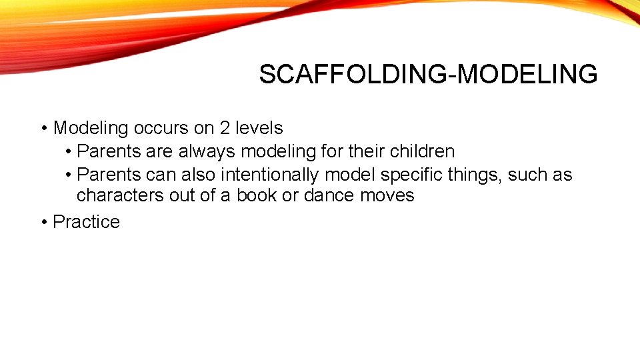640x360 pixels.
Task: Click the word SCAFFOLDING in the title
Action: [353, 75]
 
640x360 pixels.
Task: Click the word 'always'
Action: [207, 151]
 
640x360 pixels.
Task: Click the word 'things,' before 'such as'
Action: [476, 175]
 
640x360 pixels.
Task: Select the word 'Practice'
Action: [86, 222]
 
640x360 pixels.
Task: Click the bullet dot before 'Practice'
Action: [43, 222]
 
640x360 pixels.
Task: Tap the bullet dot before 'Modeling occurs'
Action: [43, 128]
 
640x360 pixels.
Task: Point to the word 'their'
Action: [365, 151]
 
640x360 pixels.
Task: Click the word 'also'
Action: [199, 175]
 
